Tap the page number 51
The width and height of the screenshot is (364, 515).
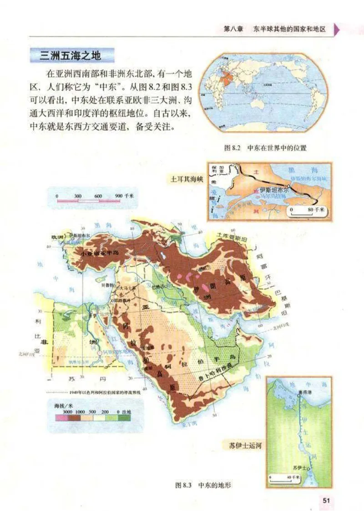(326, 500)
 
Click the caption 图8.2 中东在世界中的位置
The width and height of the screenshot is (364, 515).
(266, 147)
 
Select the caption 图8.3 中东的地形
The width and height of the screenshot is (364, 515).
(203, 485)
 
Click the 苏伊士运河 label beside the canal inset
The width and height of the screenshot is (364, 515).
(245, 444)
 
